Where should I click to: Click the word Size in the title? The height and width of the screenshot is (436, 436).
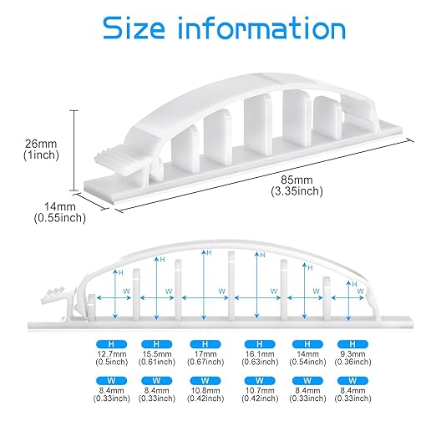[x=134, y=28]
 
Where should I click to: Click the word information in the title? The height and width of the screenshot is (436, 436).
[x=261, y=28]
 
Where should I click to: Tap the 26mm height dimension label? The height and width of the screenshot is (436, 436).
[x=41, y=144]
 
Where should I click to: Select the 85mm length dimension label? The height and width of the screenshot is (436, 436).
[x=297, y=180]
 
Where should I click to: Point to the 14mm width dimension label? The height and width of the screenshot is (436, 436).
[x=60, y=206]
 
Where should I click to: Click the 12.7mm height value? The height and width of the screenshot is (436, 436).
[x=112, y=354]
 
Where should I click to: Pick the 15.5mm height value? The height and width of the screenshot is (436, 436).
[x=157, y=354]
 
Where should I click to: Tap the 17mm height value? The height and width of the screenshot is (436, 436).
[x=205, y=354]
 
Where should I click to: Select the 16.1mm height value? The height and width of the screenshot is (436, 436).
[x=260, y=354]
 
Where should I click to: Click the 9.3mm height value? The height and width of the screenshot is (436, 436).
[x=352, y=354]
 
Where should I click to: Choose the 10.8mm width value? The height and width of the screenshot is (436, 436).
[x=205, y=390]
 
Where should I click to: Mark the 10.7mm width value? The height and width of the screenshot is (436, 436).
[x=260, y=390]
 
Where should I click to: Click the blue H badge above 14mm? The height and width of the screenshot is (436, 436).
[x=307, y=344]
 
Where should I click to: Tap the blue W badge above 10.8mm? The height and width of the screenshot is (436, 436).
[x=205, y=381]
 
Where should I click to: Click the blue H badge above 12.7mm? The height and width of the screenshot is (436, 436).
[x=111, y=344]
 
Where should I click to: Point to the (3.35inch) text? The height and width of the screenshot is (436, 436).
[x=297, y=191]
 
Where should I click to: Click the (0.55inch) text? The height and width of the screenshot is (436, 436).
[x=60, y=218]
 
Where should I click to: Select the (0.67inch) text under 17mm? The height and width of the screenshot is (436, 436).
[x=205, y=362]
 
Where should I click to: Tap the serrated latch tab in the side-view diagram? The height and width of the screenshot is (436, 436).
[x=58, y=296]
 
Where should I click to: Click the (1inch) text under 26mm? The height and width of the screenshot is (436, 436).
[x=41, y=155]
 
